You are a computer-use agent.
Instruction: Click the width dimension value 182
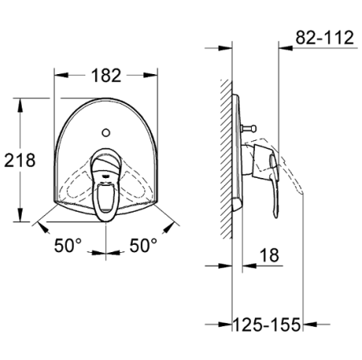pos(105,76)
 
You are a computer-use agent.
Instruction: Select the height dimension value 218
pos(19,160)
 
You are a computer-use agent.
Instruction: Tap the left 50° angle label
pos(69,246)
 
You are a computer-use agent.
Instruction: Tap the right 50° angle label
pos(144,246)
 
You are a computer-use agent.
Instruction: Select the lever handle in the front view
pos(105,185)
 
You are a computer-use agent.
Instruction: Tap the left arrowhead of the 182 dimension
pos(59,76)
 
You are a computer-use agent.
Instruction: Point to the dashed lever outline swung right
pos(137,189)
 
